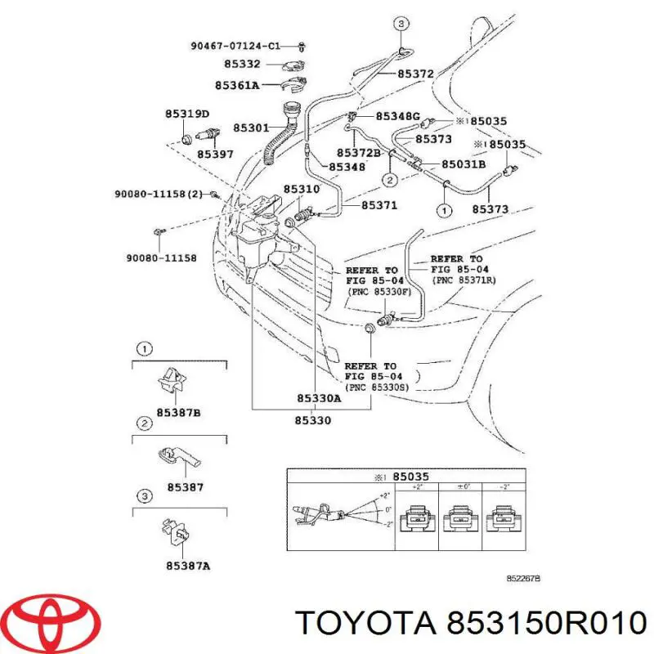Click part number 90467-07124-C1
click(235, 46)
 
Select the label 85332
click(242, 64)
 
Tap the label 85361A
click(237, 85)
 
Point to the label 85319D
click(187, 114)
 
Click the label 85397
click(215, 155)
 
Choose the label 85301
click(251, 128)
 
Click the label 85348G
click(398, 116)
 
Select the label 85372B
click(359, 153)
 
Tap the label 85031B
click(464, 164)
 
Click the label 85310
click(302, 190)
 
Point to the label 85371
click(379, 205)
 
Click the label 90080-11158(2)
click(159, 194)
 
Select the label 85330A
click(319, 398)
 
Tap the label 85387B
click(178, 413)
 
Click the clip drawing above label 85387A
click(176, 533)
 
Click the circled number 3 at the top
click(401, 24)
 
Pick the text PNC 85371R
click(464, 280)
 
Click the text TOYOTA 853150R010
click(471, 624)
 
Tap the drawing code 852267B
click(523, 579)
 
